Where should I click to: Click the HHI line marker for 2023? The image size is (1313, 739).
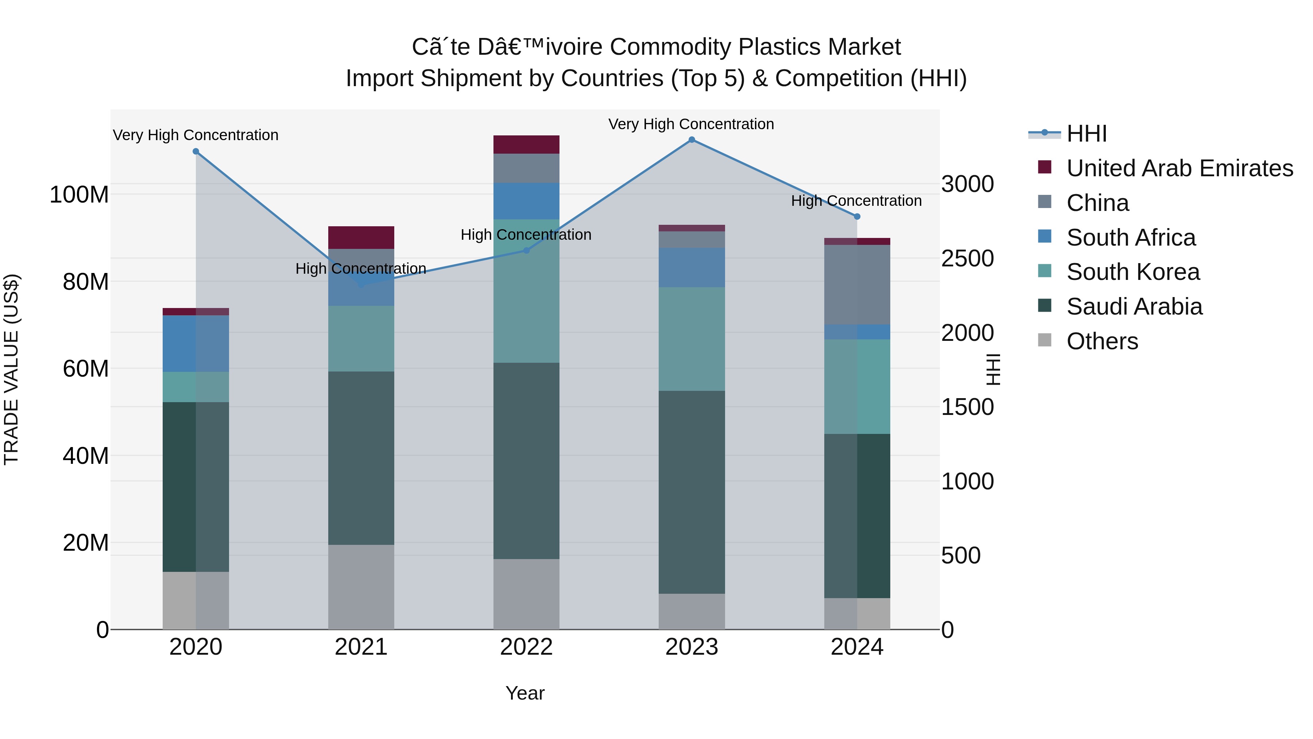692,140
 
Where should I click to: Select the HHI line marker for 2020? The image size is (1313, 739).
196,151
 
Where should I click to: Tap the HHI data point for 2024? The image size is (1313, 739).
857,217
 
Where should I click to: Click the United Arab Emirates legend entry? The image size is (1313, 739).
1180,168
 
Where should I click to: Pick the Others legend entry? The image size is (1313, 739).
1102,341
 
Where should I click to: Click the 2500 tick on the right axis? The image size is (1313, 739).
967,259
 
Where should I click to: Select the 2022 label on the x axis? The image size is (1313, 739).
526,647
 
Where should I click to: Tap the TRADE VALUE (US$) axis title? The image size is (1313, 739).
11,369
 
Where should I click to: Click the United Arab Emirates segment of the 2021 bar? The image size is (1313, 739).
361,238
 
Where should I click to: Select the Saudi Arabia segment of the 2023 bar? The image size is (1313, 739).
692,492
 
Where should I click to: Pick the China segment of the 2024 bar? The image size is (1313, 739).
857,285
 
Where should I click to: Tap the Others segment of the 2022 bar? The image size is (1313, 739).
526,594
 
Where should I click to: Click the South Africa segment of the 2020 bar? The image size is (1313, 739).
196,344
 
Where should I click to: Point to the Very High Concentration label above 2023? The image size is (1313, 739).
691,124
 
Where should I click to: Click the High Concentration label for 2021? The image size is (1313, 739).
360,269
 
